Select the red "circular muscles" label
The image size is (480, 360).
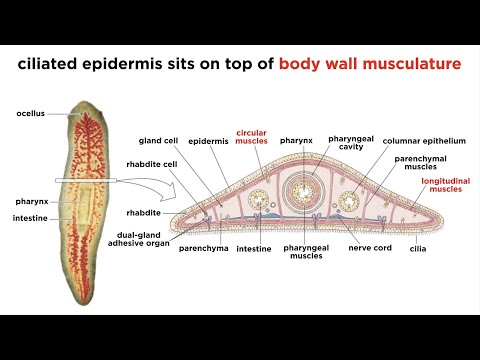253,138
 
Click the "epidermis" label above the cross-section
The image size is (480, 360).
208,143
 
